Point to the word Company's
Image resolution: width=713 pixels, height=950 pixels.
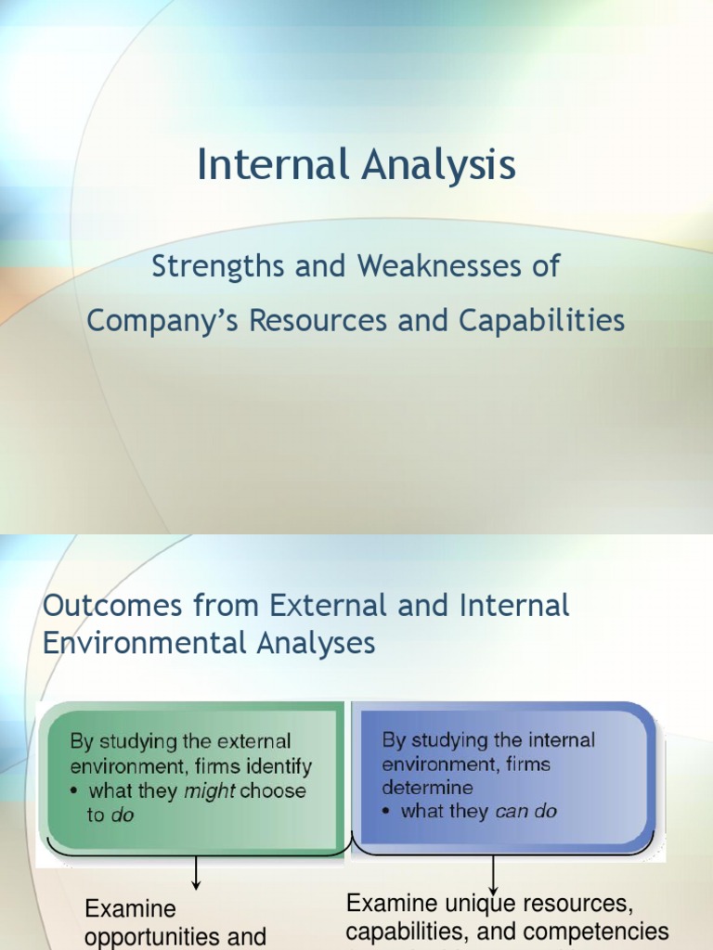click(149, 321)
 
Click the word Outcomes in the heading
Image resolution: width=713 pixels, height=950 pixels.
click(105, 606)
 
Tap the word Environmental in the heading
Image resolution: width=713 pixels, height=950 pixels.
click(143, 643)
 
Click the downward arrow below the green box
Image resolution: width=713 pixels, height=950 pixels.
click(197, 873)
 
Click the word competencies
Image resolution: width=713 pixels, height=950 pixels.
click(604, 931)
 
